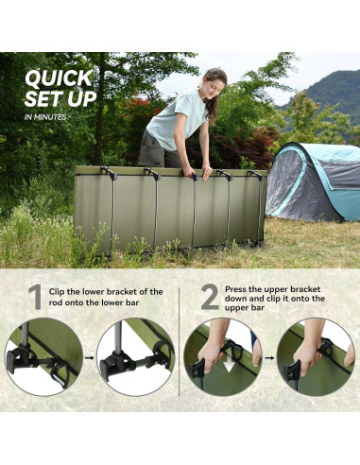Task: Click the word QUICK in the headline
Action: point(59,77)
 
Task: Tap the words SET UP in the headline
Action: point(56,98)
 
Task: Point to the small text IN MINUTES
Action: point(46,116)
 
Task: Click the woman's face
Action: point(215,82)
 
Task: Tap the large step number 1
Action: point(35,299)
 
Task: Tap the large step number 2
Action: point(209,299)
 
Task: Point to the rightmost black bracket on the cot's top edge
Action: point(255,175)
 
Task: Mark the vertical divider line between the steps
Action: point(180,340)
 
